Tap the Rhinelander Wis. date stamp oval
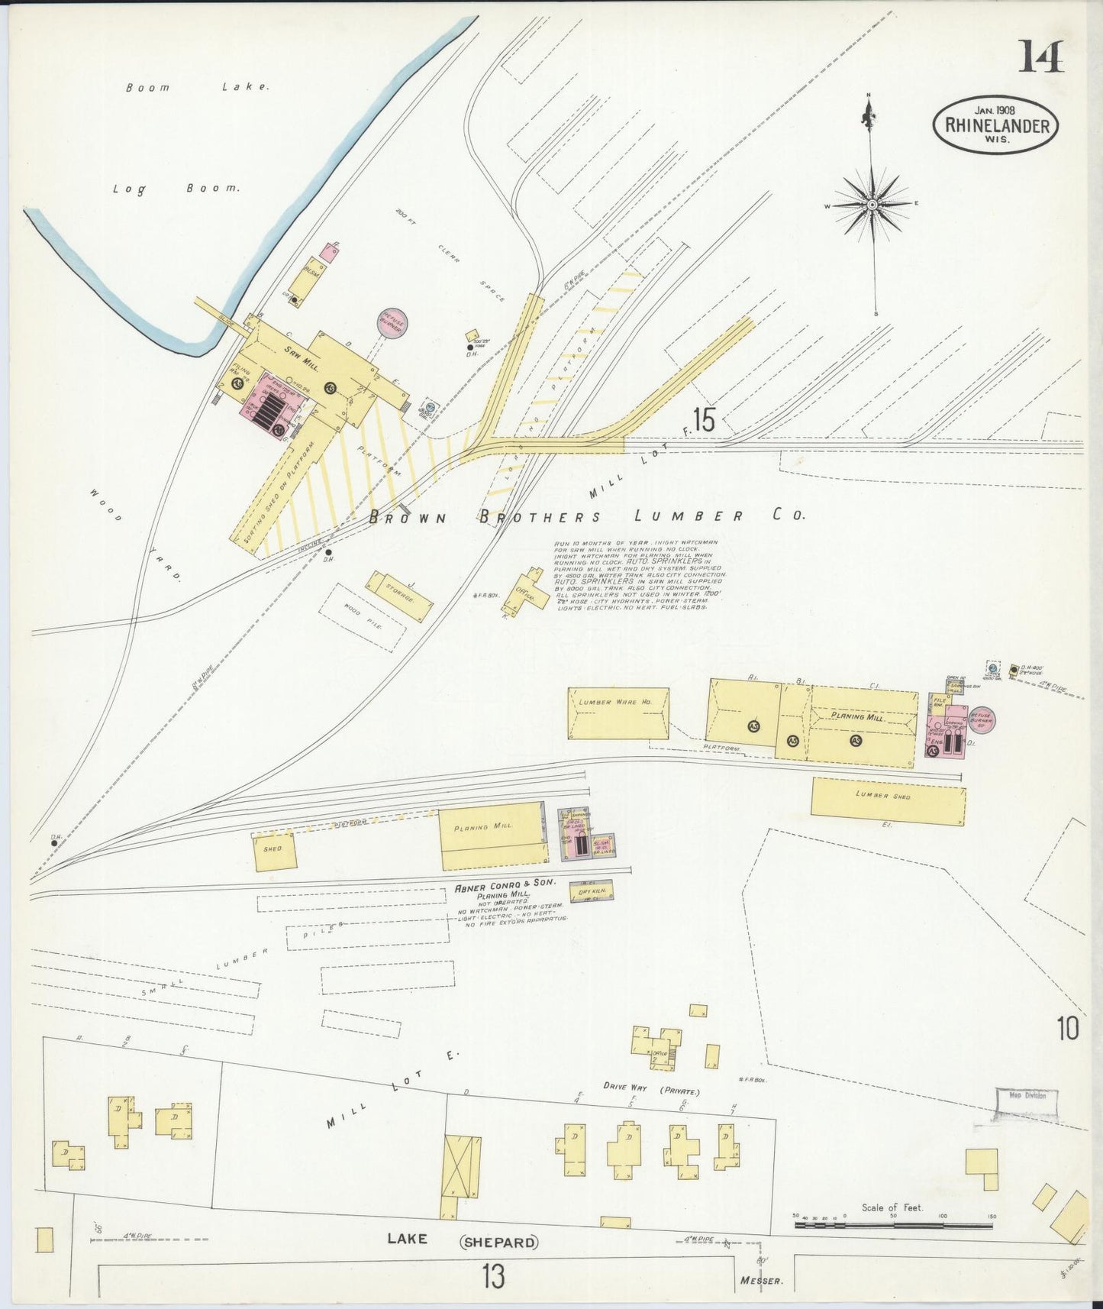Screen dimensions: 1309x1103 (x=996, y=125)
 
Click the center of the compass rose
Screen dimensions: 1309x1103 (x=871, y=205)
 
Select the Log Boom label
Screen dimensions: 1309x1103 (x=176, y=188)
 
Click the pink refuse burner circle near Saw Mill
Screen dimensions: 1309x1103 (x=393, y=322)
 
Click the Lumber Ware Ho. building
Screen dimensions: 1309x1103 (x=618, y=713)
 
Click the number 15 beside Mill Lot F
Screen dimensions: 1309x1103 (x=703, y=421)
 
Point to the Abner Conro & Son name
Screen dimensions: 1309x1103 (x=505, y=887)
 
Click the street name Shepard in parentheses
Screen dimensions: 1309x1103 (x=499, y=1243)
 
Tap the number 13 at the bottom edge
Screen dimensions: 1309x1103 (x=494, y=1276)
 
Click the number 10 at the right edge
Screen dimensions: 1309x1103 (x=1068, y=1029)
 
